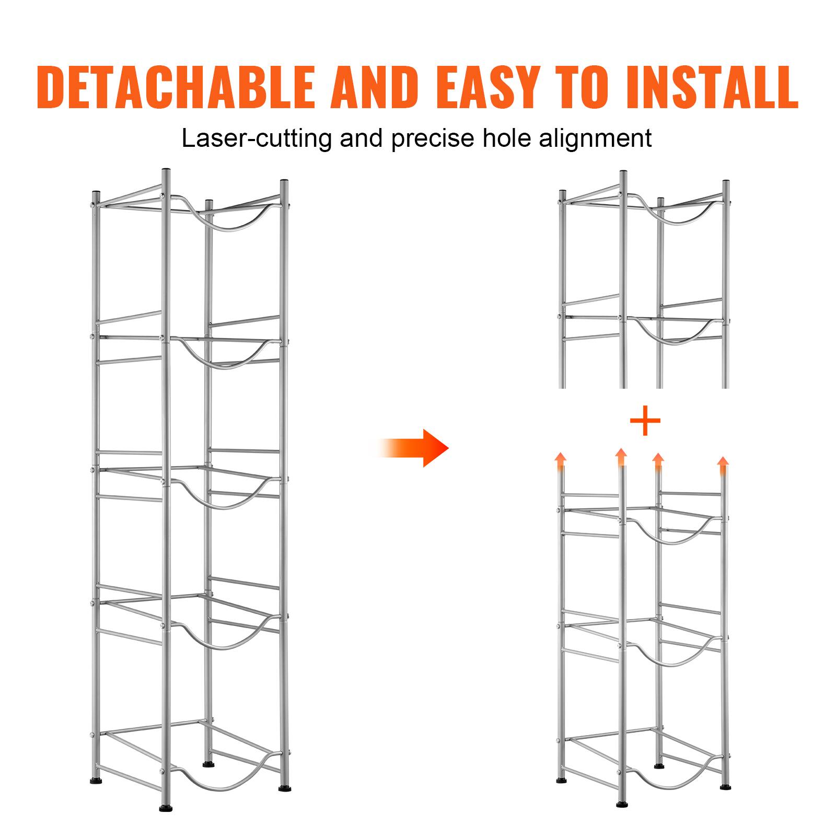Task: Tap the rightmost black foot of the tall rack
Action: [285, 788]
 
